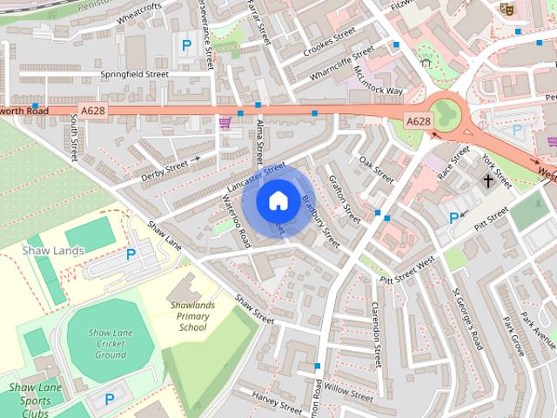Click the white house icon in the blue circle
[277, 200]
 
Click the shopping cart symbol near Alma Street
[225, 122]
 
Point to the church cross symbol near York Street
[489, 181]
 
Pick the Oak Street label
[377, 163]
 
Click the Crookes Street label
[330, 43]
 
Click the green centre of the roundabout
[446, 113]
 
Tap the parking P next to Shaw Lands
[131, 254]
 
